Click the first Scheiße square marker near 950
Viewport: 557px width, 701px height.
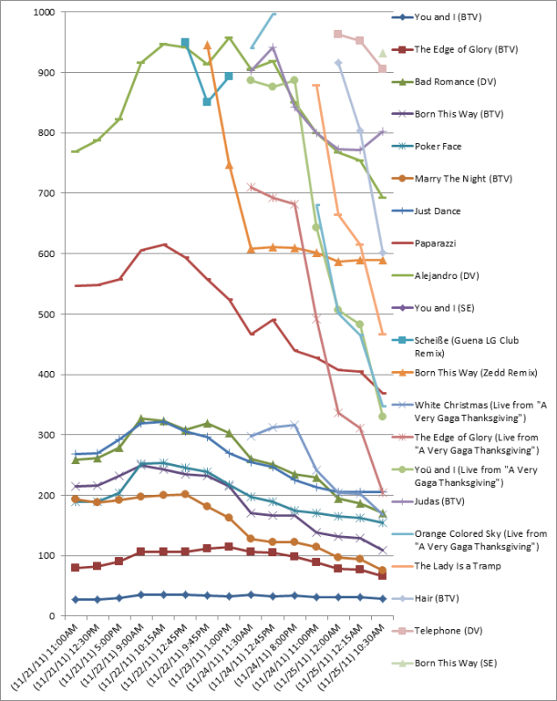coord(185,42)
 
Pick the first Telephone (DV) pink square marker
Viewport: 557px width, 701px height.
coord(339,34)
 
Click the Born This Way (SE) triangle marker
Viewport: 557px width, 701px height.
coord(382,53)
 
